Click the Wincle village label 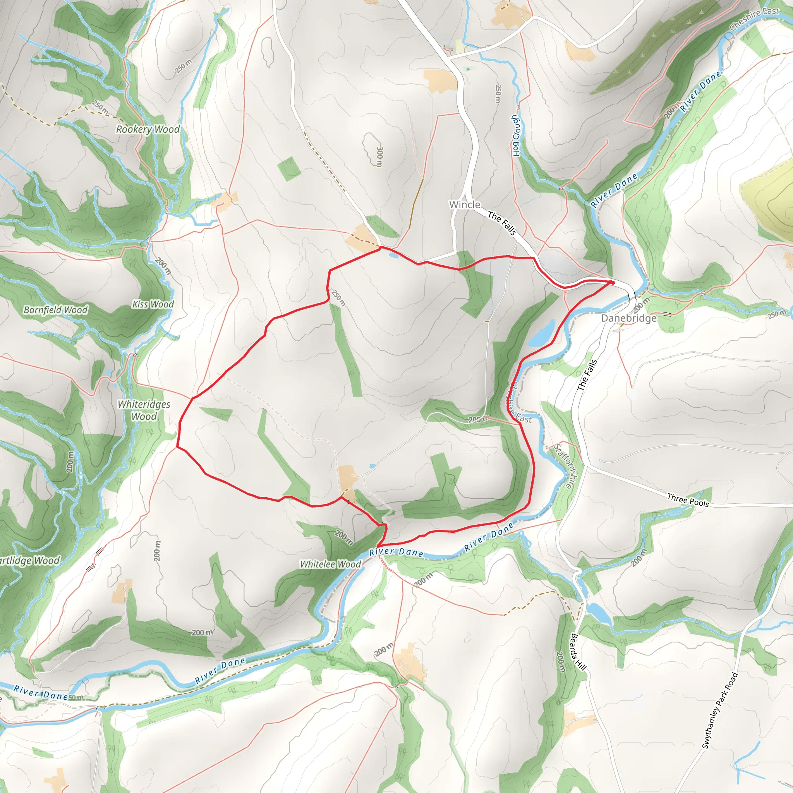(465, 204)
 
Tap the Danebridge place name (628, 319)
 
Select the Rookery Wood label (148, 129)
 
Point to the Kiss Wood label (153, 304)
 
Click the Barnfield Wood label (55, 310)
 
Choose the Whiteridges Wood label (144, 410)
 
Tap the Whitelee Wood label (330, 565)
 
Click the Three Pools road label (688, 500)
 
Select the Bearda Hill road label (578, 652)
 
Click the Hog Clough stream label (515, 136)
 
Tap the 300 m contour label (379, 156)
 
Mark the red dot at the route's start (612, 282)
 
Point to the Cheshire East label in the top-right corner (754, 19)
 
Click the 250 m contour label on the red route (339, 298)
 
